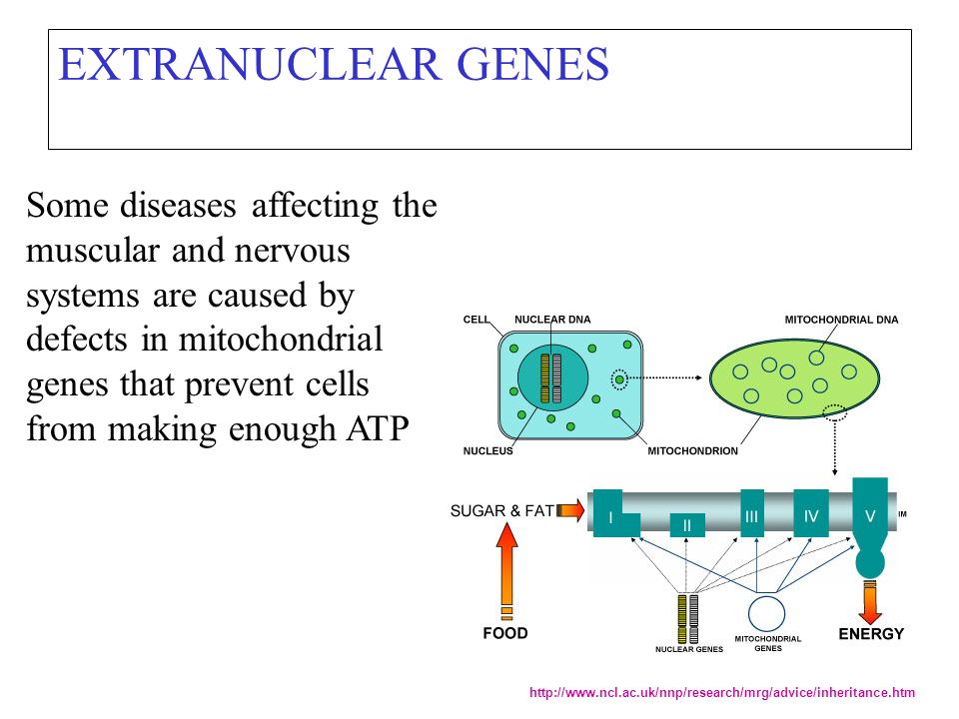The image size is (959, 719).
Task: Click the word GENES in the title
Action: [532, 64]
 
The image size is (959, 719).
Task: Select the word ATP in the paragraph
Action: [378, 428]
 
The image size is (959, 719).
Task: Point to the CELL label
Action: [477, 320]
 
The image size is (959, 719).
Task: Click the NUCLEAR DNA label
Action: [552, 320]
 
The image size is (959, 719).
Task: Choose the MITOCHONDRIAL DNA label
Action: [841, 320]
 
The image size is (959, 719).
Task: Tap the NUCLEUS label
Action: [487, 450]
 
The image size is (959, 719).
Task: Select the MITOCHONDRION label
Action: [692, 450]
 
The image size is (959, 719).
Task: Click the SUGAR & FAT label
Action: [502, 510]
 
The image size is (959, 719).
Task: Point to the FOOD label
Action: [505, 633]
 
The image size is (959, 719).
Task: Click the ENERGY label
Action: [871, 633]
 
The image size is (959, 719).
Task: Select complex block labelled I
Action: [611, 515]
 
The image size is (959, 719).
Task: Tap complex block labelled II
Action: [687, 525]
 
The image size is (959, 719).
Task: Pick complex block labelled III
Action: [751, 513]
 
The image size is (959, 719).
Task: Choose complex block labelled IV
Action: [811, 513]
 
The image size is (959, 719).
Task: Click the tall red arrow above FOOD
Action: [506, 571]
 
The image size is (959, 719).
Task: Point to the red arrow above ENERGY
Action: [870, 602]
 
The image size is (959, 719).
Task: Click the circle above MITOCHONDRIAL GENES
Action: [766, 612]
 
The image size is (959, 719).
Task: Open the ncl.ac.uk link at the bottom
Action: [721, 692]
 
